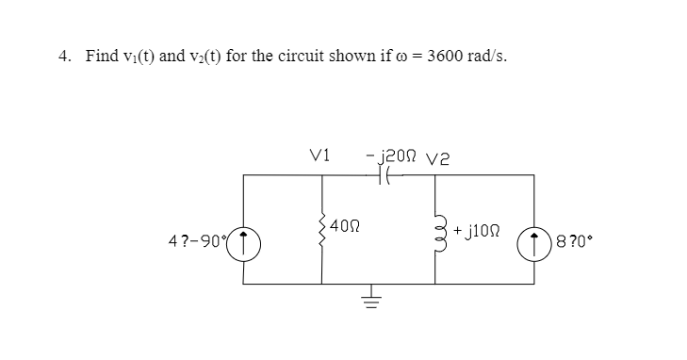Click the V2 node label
[x=440, y=156]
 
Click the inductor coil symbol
[x=436, y=228]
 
